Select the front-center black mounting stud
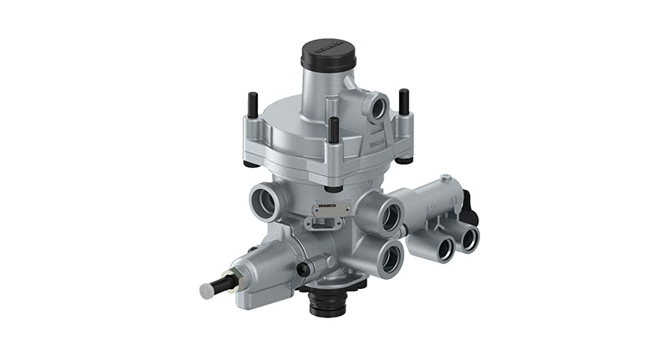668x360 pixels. tap(334, 129)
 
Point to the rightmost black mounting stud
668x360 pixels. tap(403, 103)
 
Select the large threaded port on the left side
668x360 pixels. tap(265, 200)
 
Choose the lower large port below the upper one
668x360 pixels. tap(390, 259)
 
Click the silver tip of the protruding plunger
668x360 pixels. tap(207, 290)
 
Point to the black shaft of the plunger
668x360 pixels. tap(223, 285)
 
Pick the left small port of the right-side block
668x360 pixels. tap(439, 247)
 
